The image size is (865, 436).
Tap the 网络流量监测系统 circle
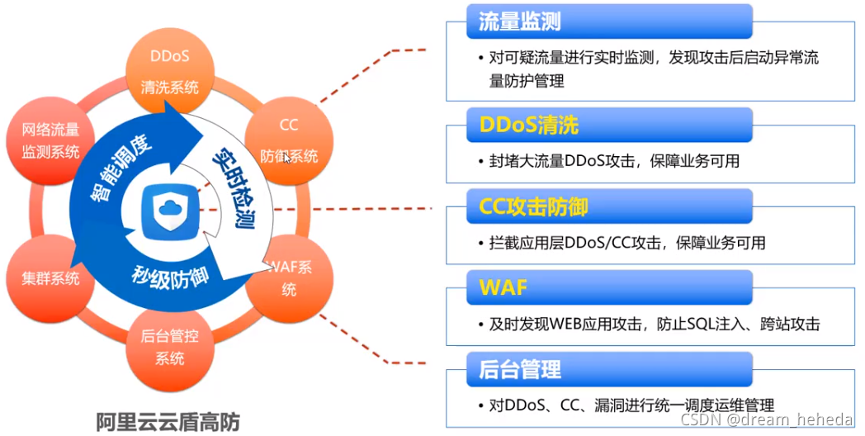pos(51,140)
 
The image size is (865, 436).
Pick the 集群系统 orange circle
pos(50,277)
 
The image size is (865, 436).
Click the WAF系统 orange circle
pos(289,278)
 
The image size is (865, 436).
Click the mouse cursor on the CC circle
pos(286,157)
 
